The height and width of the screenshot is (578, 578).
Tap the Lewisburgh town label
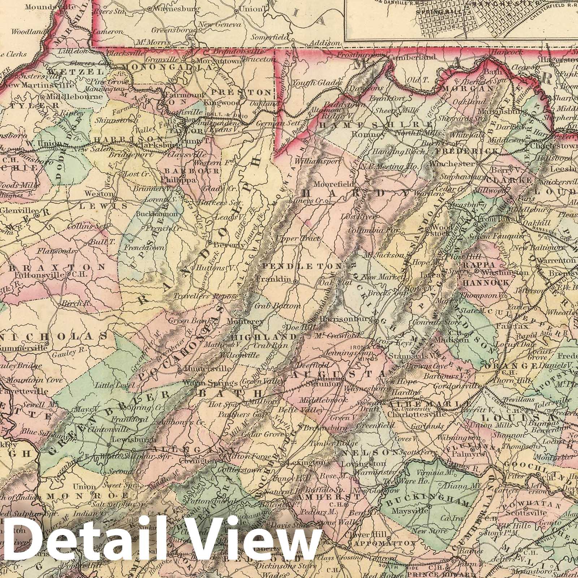(x=134, y=440)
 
